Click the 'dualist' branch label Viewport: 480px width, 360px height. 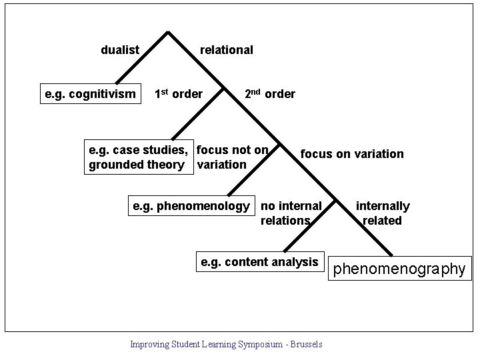click(120, 50)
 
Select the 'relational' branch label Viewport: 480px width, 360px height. click(227, 50)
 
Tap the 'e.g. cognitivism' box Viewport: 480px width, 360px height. click(90, 94)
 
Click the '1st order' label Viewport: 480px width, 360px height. click(178, 94)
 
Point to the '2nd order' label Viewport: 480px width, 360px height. click(269, 94)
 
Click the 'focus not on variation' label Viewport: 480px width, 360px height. click(232, 157)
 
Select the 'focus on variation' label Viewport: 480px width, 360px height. click(352, 154)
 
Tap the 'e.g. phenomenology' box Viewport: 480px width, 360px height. click(191, 206)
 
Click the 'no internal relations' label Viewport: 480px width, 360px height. click(291, 213)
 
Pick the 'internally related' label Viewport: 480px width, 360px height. click(382, 213)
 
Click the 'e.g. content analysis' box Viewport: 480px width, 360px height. click(259, 262)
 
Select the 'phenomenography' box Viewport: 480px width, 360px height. click(399, 269)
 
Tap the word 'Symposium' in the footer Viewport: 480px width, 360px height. click(265, 344)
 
